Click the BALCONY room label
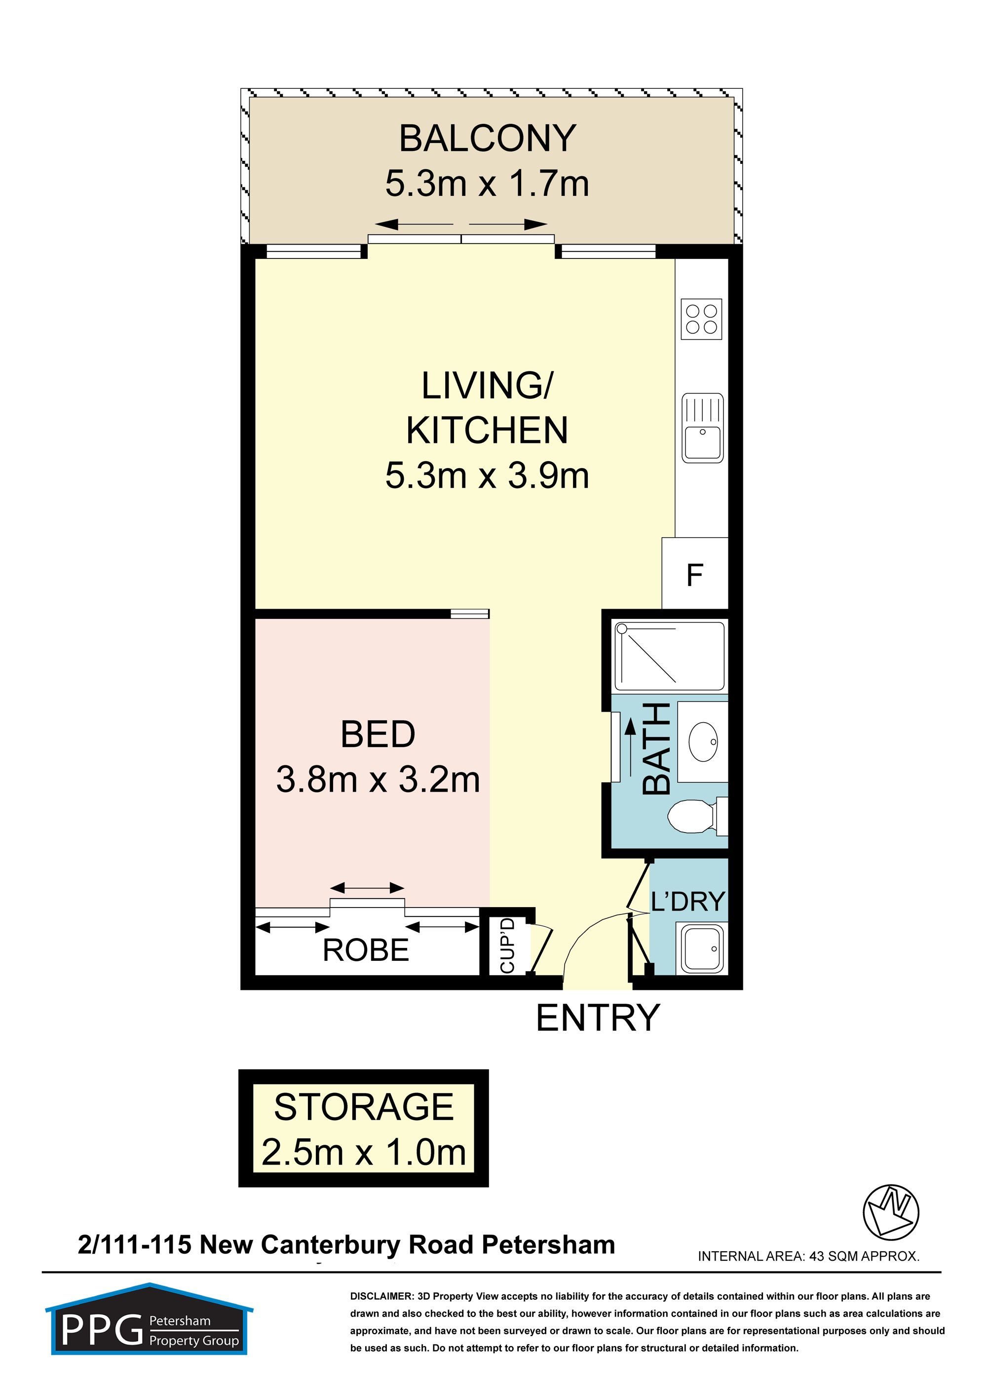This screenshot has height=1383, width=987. tap(488, 139)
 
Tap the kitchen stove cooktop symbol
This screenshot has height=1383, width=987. tap(701, 319)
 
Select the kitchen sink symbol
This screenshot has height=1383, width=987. tap(703, 428)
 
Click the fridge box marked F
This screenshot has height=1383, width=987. tap(695, 573)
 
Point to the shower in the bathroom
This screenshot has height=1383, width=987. tap(670, 657)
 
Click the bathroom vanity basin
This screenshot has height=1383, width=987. tap(703, 742)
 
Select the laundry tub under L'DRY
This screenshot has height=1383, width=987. tap(702, 949)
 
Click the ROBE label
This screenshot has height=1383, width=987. tap(366, 950)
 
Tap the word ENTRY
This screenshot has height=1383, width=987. tap(598, 1018)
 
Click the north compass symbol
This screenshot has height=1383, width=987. tap(891, 1212)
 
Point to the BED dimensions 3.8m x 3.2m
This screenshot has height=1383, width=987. tap(378, 780)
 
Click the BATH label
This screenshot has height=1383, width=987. tap(657, 748)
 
